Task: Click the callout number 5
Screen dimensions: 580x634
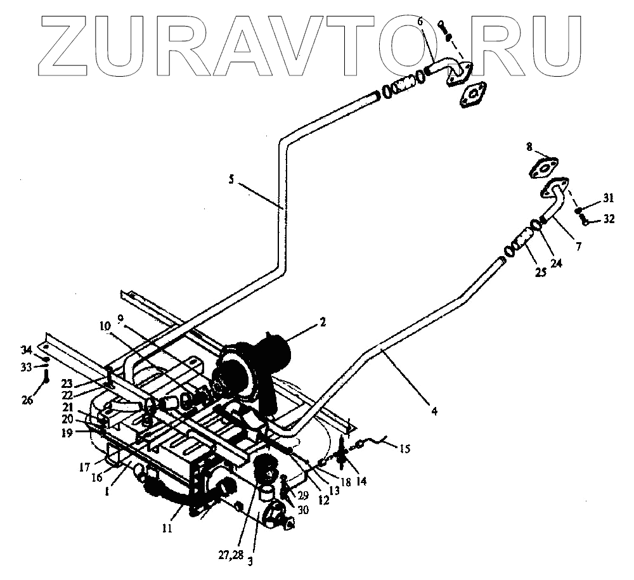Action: (x=232, y=180)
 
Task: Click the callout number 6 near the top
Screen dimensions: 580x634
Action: (x=419, y=22)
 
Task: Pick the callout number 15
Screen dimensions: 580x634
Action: (x=405, y=449)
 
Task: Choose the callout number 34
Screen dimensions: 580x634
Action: (x=26, y=351)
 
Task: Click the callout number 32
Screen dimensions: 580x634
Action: (x=609, y=219)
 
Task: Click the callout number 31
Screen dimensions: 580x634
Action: (x=609, y=197)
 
